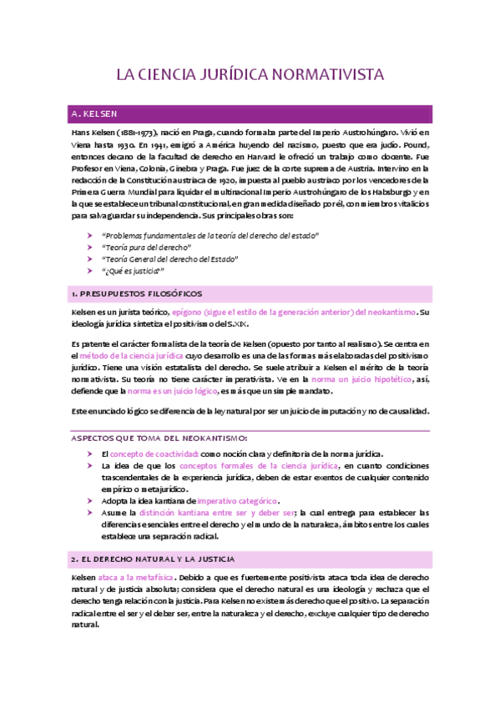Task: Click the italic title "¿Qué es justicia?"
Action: coord(133,271)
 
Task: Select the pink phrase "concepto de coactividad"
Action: coord(155,453)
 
